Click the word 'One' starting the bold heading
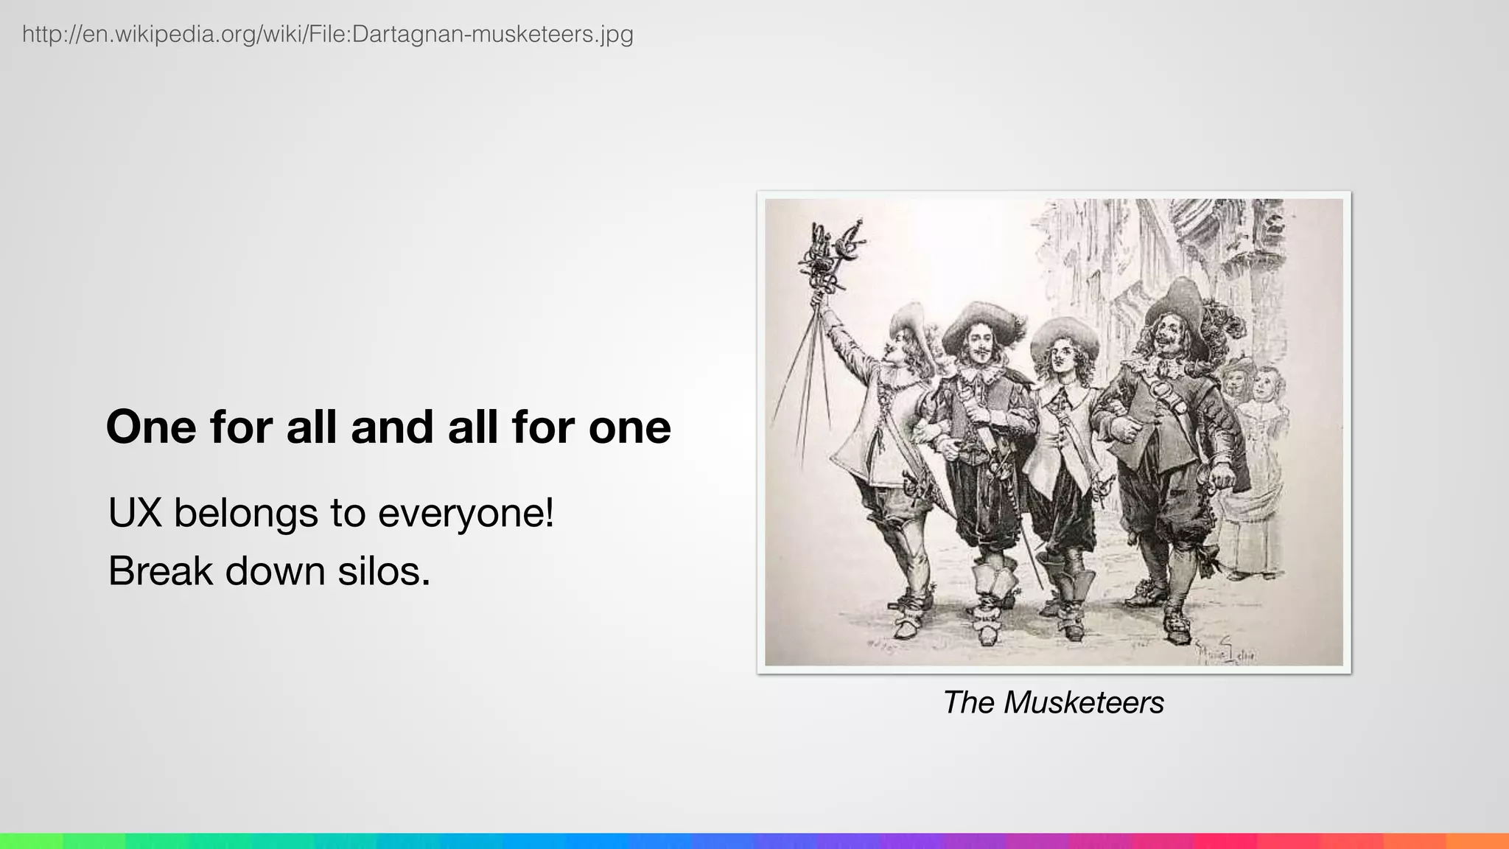(x=151, y=427)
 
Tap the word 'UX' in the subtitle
(x=135, y=513)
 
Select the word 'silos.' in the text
(x=384, y=571)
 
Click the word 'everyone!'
(x=466, y=513)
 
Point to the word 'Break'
(x=160, y=571)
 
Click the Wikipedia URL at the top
(x=328, y=34)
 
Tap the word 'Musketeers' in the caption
(x=1083, y=702)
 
